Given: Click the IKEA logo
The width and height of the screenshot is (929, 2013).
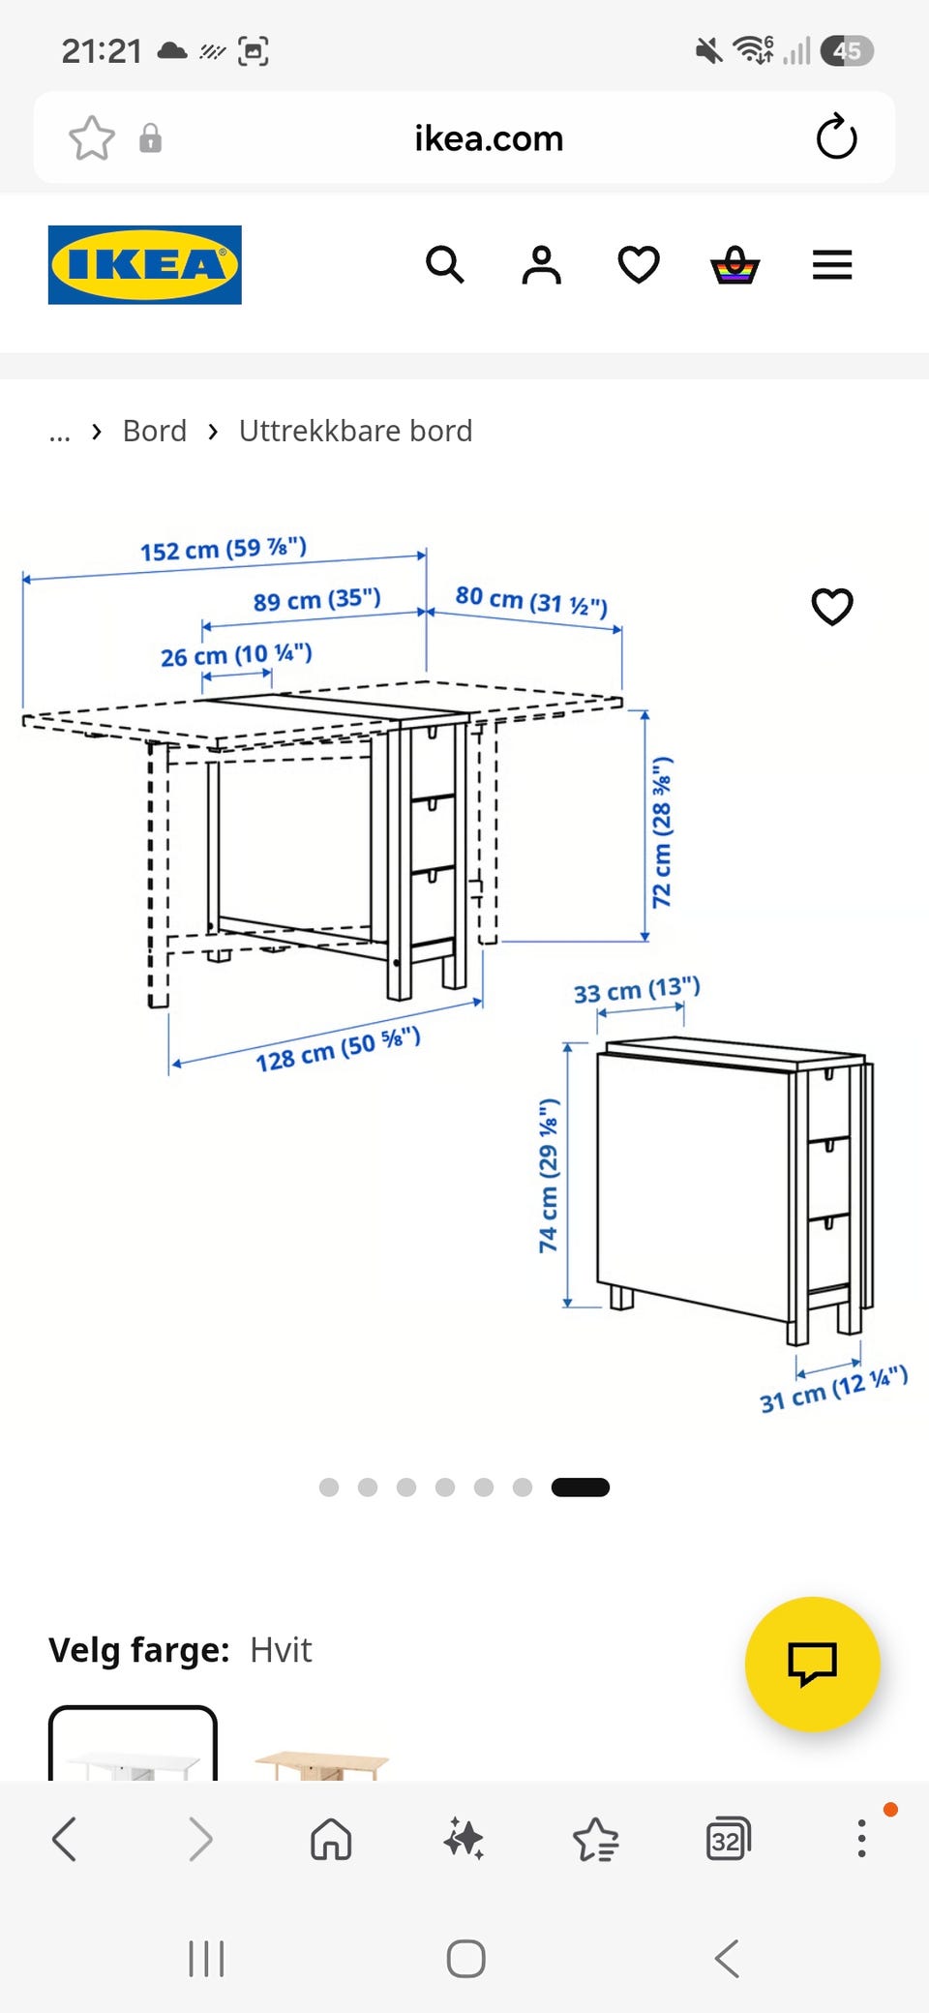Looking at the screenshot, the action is (x=145, y=265).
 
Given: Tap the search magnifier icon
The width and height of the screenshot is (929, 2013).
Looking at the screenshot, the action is (x=445, y=264).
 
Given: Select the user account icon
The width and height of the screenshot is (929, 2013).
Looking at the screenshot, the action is (x=542, y=264).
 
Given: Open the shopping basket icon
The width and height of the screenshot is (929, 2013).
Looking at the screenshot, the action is (x=735, y=264).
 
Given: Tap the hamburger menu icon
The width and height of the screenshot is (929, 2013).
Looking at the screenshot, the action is (x=832, y=264).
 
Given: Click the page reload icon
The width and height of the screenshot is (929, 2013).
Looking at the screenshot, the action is (x=836, y=136).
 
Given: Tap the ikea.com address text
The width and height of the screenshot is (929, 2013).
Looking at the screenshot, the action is (x=489, y=138).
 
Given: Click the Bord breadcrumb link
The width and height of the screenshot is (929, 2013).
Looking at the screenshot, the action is (x=155, y=431).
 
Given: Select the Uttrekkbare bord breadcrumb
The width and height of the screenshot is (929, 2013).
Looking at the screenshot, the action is (x=355, y=431).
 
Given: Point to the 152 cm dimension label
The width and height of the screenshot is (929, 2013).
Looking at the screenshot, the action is (x=224, y=549).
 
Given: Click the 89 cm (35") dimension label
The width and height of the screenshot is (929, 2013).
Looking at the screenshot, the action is (x=317, y=600).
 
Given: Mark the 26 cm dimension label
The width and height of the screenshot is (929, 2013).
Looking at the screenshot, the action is (x=236, y=655).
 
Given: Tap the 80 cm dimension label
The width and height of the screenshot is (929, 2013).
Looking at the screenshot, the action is (x=531, y=601).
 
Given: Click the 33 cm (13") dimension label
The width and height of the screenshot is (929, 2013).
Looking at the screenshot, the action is (x=637, y=990).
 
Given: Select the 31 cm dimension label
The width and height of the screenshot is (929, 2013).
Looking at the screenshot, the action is (x=833, y=1390).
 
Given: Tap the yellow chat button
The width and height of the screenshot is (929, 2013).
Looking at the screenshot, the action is (x=813, y=1664).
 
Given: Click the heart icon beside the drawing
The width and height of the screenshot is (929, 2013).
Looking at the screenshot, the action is (x=832, y=607).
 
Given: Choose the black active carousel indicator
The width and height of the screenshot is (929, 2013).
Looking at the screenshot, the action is (x=581, y=1487).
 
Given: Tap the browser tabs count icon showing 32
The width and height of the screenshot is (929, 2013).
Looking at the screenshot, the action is (x=728, y=1839).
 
